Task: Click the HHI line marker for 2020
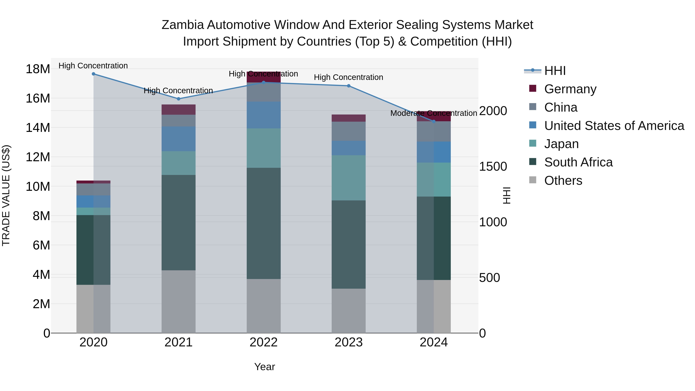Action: point(93,74)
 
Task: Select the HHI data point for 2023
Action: point(349,86)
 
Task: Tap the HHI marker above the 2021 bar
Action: point(178,99)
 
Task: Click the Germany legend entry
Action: point(570,89)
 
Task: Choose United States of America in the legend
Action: point(614,126)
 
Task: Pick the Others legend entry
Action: point(563,181)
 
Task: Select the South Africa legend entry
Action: point(578,162)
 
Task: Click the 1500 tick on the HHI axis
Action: point(493,166)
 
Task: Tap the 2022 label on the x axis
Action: point(263,342)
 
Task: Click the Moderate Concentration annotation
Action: point(434,113)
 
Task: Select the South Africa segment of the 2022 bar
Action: point(264,223)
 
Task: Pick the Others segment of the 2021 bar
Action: point(178,301)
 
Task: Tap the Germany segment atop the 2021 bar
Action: point(178,109)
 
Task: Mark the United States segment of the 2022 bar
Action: point(264,115)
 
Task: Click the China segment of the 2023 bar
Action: point(349,131)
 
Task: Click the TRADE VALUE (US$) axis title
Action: point(6,195)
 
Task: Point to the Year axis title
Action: point(264,367)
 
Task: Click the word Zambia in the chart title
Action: point(182,25)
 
